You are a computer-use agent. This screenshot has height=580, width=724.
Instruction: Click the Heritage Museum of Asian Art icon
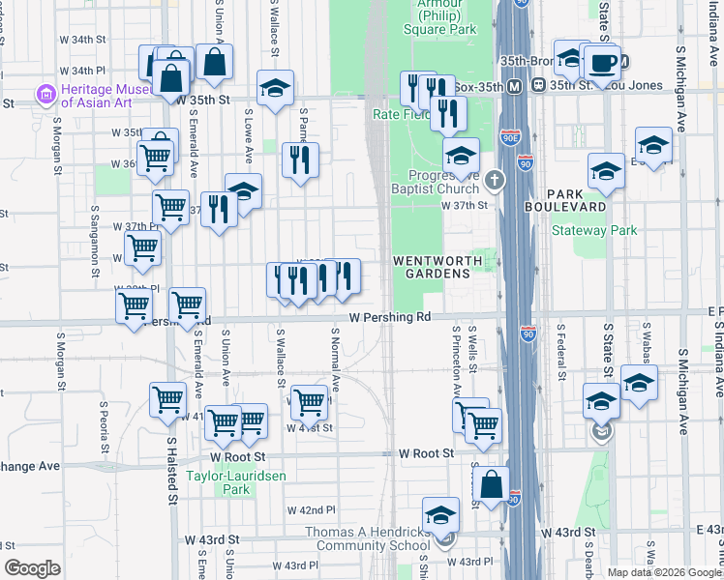[45, 95]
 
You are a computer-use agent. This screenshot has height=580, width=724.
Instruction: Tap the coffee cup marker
[602, 64]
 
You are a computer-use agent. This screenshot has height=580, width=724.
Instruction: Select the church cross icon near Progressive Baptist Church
[494, 180]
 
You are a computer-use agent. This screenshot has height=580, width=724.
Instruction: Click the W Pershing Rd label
[389, 317]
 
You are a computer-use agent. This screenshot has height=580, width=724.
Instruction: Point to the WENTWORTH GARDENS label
[432, 268]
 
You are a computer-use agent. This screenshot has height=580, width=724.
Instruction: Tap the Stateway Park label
[594, 230]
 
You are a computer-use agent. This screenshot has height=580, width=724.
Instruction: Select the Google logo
[32, 568]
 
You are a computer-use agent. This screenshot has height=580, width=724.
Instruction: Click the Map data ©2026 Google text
[663, 572]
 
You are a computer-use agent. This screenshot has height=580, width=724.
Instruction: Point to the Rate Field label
[400, 114]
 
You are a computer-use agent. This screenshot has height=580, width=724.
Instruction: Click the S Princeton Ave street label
[455, 362]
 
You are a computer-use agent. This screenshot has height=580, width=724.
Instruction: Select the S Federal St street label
[559, 352]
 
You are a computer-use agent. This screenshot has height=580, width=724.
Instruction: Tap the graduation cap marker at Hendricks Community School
[441, 515]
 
